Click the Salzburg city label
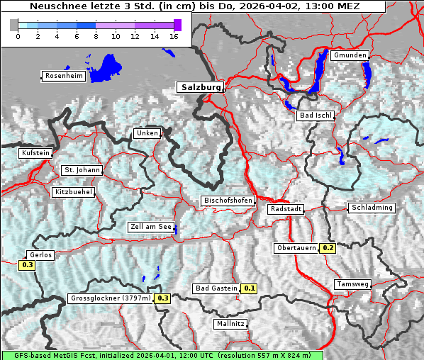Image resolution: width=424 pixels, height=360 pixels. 200,87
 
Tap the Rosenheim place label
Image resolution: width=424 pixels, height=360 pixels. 63,76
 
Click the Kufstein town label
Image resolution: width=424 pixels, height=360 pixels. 35,153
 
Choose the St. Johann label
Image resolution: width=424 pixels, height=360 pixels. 82,170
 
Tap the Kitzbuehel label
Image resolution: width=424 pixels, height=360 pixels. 73,192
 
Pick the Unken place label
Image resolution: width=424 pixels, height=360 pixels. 147,133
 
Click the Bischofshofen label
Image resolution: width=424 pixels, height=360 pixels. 228,201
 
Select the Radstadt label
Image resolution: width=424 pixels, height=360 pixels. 286,210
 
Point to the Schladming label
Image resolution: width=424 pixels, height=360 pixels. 371,208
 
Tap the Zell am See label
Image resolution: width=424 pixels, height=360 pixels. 151,227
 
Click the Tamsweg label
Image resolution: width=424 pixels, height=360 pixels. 352,284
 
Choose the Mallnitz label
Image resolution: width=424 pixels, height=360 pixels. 230,324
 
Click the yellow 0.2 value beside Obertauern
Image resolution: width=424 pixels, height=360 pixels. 328,248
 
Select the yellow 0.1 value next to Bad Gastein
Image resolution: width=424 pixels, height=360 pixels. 250,288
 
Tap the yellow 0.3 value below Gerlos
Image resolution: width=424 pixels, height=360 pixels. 27,265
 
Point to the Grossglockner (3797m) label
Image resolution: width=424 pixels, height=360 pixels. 111,298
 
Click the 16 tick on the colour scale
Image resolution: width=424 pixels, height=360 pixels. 173,36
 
